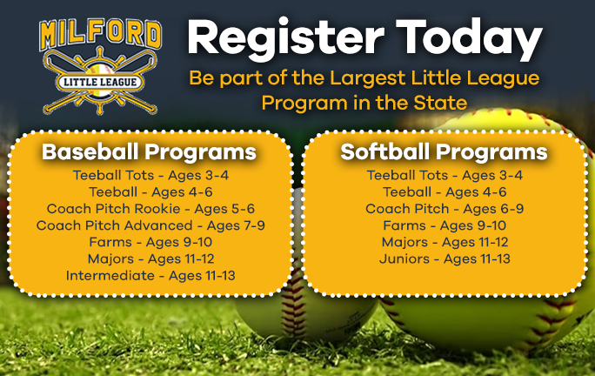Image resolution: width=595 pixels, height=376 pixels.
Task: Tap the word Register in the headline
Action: pos(271,38)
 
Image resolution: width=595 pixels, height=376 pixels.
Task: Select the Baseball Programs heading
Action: pos(150,152)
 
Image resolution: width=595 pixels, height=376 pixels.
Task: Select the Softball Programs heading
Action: pos(444,152)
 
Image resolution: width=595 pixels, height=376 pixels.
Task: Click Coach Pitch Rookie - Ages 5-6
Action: pos(150,209)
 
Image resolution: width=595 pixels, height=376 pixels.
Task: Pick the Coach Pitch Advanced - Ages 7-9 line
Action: pos(150,225)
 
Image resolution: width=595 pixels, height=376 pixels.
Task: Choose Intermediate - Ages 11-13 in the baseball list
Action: pos(150,276)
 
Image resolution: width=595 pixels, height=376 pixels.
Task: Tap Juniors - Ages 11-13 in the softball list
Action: pos(445,258)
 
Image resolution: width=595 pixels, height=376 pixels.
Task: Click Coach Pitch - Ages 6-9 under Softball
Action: pos(445,209)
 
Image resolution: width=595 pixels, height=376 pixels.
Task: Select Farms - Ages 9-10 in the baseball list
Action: pos(150,242)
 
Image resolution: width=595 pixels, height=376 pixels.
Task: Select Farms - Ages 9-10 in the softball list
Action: pos(445,225)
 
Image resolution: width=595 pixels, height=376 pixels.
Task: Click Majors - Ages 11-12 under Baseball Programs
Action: pos(150,258)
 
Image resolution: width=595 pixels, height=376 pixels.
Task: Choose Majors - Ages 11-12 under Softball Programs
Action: pos(445,242)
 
